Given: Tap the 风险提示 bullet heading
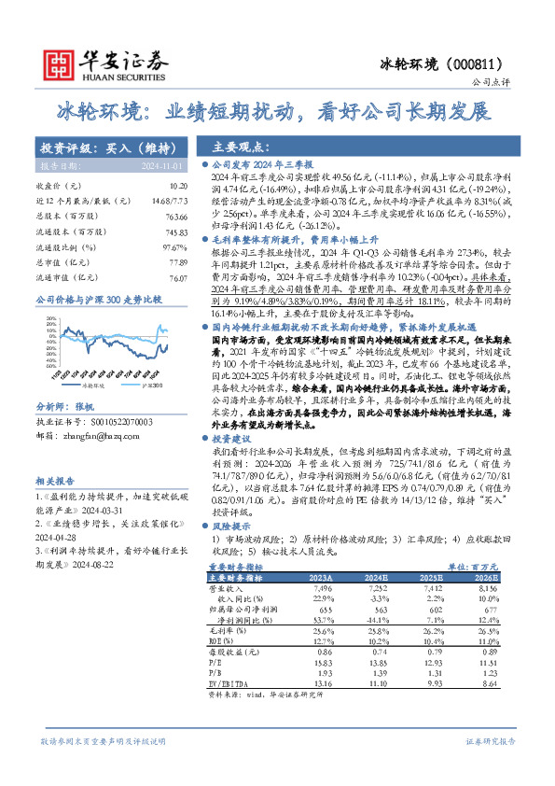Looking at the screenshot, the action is tap(234, 526).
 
